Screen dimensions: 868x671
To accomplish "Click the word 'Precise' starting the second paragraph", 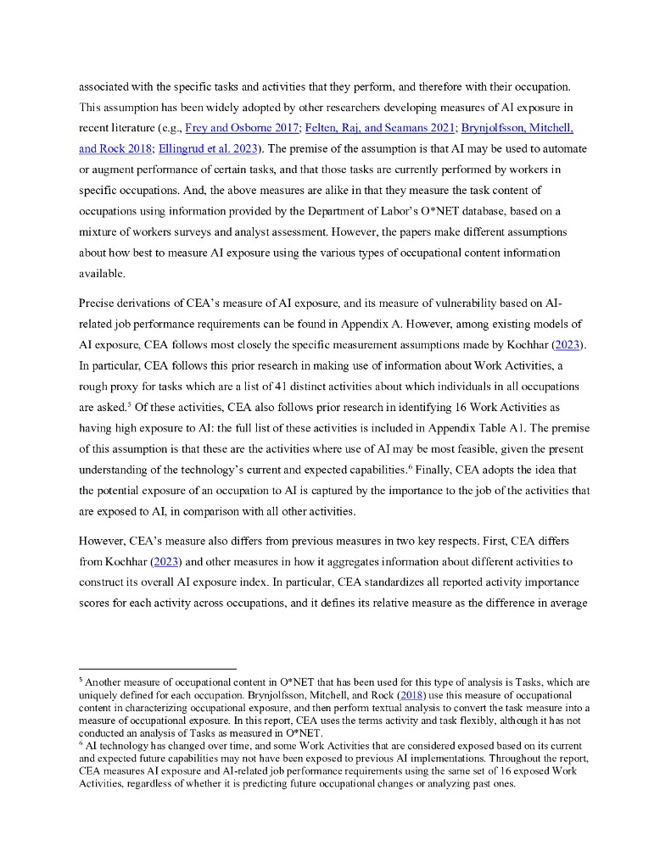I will coord(98,303).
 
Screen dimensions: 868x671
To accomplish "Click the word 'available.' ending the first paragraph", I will coord(102,273).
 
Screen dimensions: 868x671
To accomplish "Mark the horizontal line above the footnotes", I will coord(157,669).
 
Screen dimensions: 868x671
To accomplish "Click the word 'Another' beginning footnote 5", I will coord(104,682).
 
